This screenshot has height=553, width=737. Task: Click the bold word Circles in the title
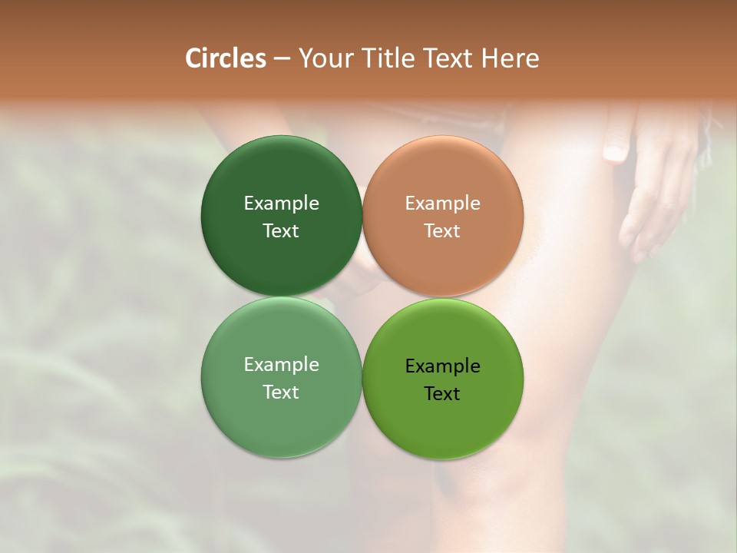[x=226, y=58]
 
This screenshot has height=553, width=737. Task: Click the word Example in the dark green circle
[x=281, y=204]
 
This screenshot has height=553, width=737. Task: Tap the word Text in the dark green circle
[x=281, y=231]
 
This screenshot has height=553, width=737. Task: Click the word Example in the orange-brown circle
[x=443, y=204]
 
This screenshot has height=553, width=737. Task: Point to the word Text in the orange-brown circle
[x=443, y=231]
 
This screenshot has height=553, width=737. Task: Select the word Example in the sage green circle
[x=281, y=365]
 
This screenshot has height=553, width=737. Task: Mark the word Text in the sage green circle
[x=281, y=392]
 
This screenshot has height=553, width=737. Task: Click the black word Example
[x=443, y=366]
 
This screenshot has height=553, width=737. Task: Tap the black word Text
[x=443, y=394]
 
